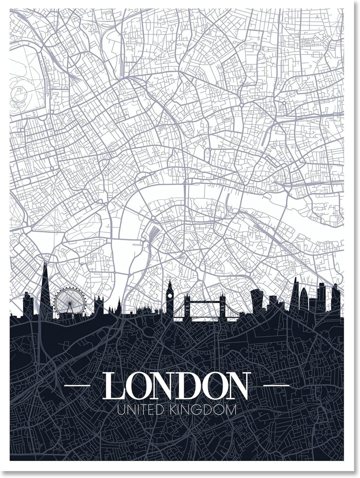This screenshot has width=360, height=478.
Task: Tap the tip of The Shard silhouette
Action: pos(44,264)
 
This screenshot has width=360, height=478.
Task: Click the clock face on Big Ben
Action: pos(170,295)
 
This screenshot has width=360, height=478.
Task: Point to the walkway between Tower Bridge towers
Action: pos(204,303)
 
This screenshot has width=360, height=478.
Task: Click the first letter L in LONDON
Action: pos(113,386)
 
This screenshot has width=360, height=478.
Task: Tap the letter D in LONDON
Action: pos(188,386)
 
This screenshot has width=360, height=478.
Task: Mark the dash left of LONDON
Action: pos(77,386)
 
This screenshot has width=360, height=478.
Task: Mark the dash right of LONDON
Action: pos(276,386)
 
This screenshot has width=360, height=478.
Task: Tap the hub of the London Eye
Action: pos(70,300)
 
